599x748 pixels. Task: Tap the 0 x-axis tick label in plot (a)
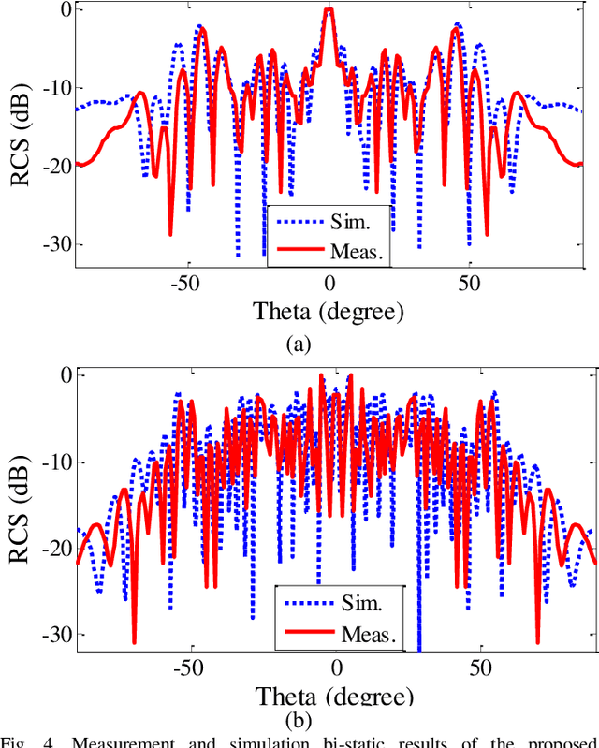click(329, 284)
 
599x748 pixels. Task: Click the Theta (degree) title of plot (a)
click(329, 311)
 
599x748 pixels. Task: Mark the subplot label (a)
click(298, 344)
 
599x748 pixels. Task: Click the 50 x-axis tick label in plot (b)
click(480, 667)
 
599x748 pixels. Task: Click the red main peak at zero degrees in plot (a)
click(329, 11)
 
